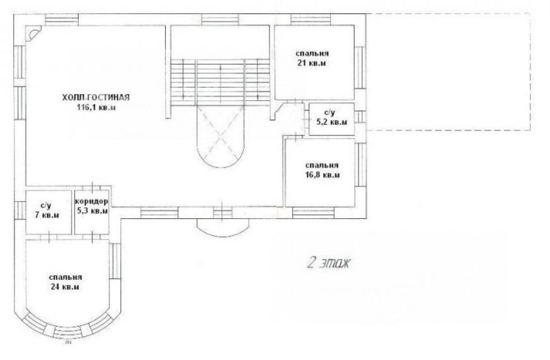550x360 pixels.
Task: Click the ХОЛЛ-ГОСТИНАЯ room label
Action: pyautogui.click(x=96, y=98)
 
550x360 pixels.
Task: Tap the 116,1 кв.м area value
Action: pyautogui.click(x=96, y=108)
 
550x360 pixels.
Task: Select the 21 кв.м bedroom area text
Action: pyautogui.click(x=312, y=64)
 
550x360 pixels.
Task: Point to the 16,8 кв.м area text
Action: pyautogui.click(x=322, y=175)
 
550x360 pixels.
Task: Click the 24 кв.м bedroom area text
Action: pyautogui.click(x=65, y=287)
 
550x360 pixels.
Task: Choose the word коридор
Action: pyautogui.click(x=92, y=202)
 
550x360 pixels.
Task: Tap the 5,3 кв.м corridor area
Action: pyautogui.click(x=92, y=211)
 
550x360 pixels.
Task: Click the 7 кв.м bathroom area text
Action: pyautogui.click(x=46, y=215)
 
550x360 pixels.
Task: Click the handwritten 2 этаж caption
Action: pyautogui.click(x=328, y=262)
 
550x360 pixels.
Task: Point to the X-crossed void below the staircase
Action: pyautogui.click(x=221, y=135)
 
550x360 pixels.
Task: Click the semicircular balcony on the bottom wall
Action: pyautogui.click(x=223, y=229)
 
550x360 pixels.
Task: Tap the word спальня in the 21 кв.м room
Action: pyautogui.click(x=312, y=54)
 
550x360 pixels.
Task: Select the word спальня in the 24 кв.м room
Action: pyautogui.click(x=65, y=277)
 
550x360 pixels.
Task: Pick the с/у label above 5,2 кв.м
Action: pyautogui.click(x=330, y=113)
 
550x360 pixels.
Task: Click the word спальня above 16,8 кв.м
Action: pyautogui.click(x=322, y=165)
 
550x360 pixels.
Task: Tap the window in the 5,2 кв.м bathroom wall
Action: pyautogui.click(x=360, y=117)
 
